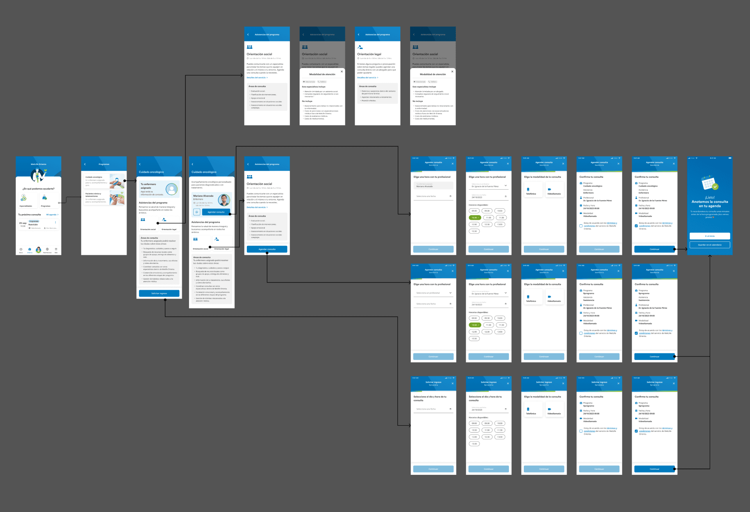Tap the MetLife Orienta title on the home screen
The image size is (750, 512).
pyautogui.click(x=38, y=164)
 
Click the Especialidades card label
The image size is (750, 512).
pyautogui.click(x=26, y=206)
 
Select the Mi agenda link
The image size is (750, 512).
pyautogui.click(x=52, y=215)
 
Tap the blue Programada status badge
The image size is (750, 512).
pyautogui.click(x=34, y=221)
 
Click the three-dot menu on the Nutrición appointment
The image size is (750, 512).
pyautogui.click(x=55, y=222)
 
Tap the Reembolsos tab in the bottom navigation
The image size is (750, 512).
pyautogui.click(x=47, y=250)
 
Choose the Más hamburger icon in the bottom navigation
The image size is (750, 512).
pyautogui.click(x=56, y=249)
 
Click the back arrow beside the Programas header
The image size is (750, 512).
pyautogui.click(x=85, y=164)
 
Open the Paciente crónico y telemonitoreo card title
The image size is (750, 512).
pyautogui.click(x=93, y=195)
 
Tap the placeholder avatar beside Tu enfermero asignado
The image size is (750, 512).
pyautogui.click(x=171, y=189)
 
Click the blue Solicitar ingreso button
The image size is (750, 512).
pyautogui.click(x=159, y=293)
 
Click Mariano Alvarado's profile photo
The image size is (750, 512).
pyautogui.click(x=223, y=200)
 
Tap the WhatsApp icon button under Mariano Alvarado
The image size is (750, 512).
pyautogui.click(x=197, y=212)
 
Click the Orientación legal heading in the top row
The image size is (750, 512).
pyautogui.click(x=369, y=54)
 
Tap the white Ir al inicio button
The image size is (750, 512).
pyautogui.click(x=709, y=236)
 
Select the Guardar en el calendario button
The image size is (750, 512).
pyautogui.click(x=709, y=245)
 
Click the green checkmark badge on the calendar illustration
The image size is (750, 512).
pyautogui.click(x=715, y=187)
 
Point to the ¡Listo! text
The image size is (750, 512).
pyautogui.click(x=709, y=197)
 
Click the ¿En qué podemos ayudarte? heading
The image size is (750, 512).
pyautogui.click(x=38, y=189)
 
